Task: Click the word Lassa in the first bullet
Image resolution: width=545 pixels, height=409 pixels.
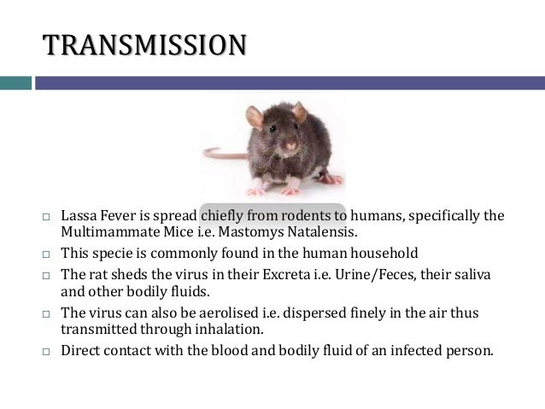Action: [x=79, y=214]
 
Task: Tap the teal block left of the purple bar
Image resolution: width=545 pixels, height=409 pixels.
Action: [x=15, y=83]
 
